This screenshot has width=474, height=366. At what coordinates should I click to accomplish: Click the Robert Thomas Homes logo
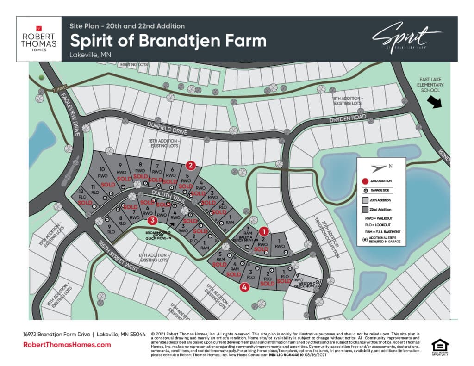click(x=39, y=39)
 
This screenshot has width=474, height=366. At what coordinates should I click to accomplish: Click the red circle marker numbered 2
click(x=190, y=165)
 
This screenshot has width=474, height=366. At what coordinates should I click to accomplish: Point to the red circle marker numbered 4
click(x=244, y=287)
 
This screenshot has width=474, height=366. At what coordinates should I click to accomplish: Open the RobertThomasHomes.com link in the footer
click(x=67, y=345)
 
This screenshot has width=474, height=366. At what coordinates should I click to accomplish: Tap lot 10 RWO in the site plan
click(x=103, y=173)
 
